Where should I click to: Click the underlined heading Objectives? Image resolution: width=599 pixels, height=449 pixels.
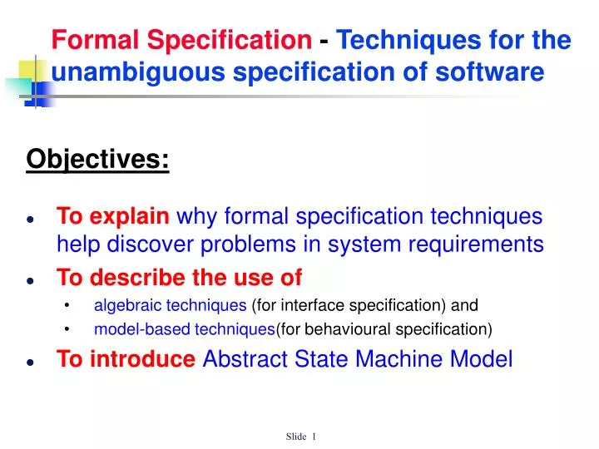pyautogui.click(x=98, y=158)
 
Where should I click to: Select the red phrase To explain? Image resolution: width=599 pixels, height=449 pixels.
pyautogui.click(x=112, y=217)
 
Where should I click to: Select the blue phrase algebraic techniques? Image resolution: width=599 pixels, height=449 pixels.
pyautogui.click(x=170, y=304)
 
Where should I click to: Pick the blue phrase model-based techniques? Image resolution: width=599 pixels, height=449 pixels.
pyautogui.click(x=184, y=329)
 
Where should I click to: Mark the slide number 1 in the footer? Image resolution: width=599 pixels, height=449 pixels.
pyautogui.click(x=314, y=437)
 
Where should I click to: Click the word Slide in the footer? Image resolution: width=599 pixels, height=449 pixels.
pyautogui.click(x=295, y=437)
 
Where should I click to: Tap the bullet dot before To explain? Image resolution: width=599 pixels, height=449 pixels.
pyautogui.click(x=30, y=220)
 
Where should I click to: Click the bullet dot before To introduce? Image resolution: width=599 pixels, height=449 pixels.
pyautogui.click(x=30, y=361)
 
